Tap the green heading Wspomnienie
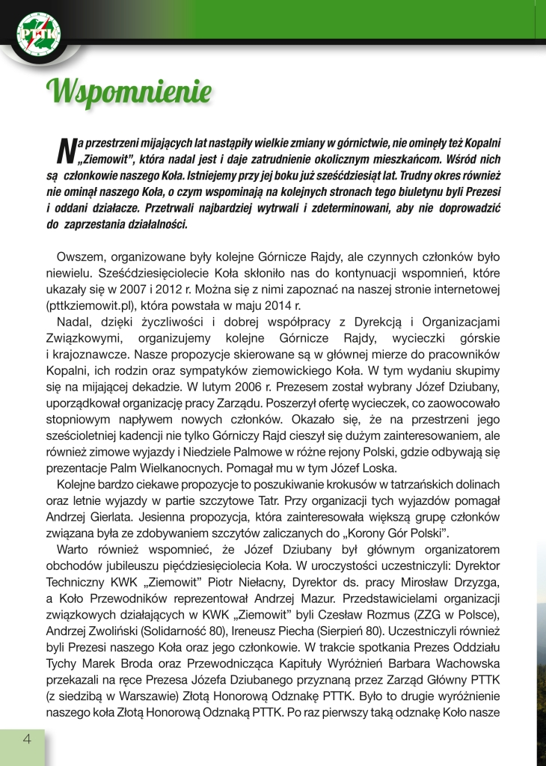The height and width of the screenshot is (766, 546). click(x=127, y=91)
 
